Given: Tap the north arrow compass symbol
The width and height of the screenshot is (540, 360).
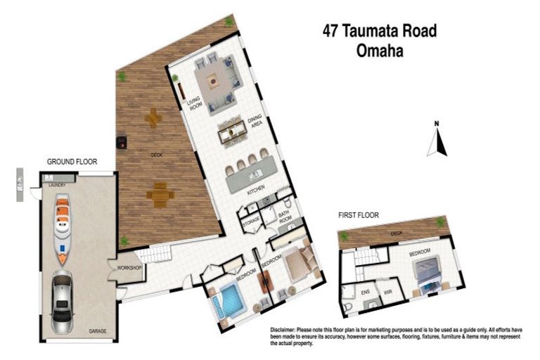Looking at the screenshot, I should [437, 141].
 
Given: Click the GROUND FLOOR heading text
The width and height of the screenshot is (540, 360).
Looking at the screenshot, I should [72, 162].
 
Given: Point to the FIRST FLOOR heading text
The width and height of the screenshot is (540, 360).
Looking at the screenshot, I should [358, 215].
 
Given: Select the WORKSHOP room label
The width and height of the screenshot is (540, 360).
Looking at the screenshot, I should [129, 268].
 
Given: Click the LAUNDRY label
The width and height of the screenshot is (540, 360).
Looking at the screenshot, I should [57, 185].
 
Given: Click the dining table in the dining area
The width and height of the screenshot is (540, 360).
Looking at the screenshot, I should [232, 134].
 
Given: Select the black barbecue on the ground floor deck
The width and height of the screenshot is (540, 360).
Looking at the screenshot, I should [122, 143].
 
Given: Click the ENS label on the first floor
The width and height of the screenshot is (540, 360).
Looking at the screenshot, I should [365, 290].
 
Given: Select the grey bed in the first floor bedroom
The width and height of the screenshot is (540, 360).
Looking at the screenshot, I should [428, 271].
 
